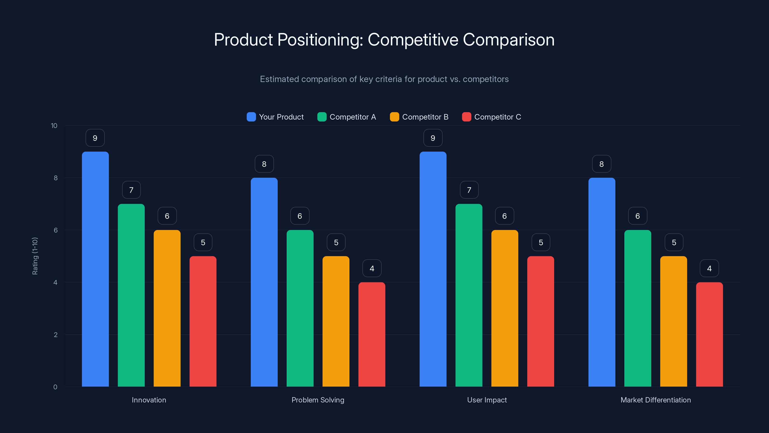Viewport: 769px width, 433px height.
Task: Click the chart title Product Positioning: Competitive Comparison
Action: pyautogui.click(x=384, y=40)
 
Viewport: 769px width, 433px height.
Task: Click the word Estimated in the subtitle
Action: pyautogui.click(x=279, y=79)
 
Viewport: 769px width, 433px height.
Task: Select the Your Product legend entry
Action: pyautogui.click(x=275, y=117)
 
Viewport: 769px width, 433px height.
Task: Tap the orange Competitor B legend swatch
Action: pyautogui.click(x=394, y=117)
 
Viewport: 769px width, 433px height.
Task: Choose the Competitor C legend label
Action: pyautogui.click(x=497, y=117)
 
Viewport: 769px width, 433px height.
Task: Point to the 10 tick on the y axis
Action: pyautogui.click(x=54, y=126)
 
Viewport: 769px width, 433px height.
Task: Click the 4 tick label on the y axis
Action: pyautogui.click(x=55, y=282)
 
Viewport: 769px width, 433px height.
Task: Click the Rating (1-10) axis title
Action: pyautogui.click(x=35, y=256)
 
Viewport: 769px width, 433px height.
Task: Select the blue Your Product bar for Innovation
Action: pyautogui.click(x=95, y=269)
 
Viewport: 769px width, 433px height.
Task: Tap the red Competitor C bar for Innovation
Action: pyautogui.click(x=203, y=321)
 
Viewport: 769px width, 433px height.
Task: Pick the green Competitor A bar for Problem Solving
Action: pyautogui.click(x=300, y=308)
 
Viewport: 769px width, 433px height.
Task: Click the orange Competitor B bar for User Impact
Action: pyautogui.click(x=504, y=308)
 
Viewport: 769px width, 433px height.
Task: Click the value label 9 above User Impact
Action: pyautogui.click(x=433, y=138)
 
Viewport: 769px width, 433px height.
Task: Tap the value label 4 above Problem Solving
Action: pyautogui.click(x=372, y=268)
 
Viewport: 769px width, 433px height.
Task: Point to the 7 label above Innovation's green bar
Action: pyautogui.click(x=131, y=190)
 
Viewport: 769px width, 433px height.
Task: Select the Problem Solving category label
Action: pyautogui.click(x=318, y=400)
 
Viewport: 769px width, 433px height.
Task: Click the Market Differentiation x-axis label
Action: pyautogui.click(x=656, y=400)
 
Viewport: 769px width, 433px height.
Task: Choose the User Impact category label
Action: pyautogui.click(x=487, y=400)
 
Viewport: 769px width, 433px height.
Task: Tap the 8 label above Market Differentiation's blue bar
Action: pyautogui.click(x=602, y=164)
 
